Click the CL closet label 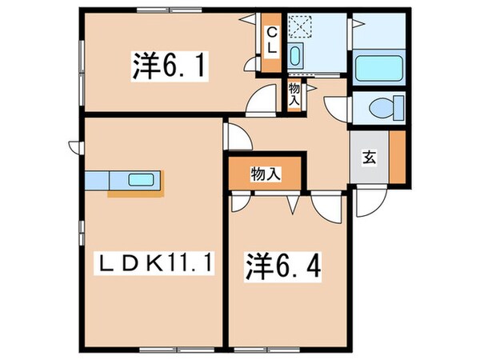[272, 41]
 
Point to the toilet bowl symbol [379, 107]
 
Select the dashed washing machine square [302, 26]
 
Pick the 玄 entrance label [369, 158]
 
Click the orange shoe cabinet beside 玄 [396, 156]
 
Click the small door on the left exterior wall [74, 146]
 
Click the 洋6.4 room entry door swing [327, 206]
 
